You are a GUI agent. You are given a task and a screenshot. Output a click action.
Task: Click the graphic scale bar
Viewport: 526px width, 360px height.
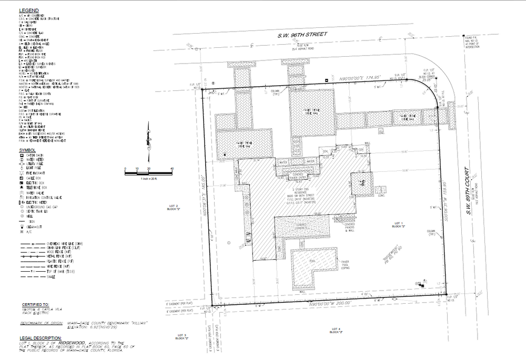149,171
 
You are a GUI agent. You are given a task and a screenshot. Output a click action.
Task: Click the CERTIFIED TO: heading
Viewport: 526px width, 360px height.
36,305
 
